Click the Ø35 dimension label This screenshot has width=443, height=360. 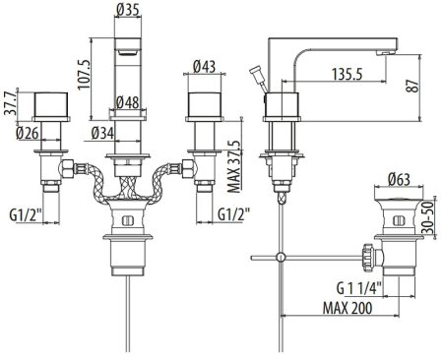click(x=128, y=10)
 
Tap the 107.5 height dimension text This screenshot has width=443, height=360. click(x=84, y=74)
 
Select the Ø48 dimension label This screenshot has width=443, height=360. click(x=128, y=103)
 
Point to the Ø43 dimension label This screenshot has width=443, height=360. click(x=204, y=67)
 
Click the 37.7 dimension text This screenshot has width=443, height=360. click(x=10, y=103)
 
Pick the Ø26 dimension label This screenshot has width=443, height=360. click(x=28, y=133)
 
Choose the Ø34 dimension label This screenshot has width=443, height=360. click(x=102, y=133)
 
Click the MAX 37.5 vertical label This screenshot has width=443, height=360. click(x=234, y=167)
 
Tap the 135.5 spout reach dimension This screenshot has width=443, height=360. click(x=348, y=74)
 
